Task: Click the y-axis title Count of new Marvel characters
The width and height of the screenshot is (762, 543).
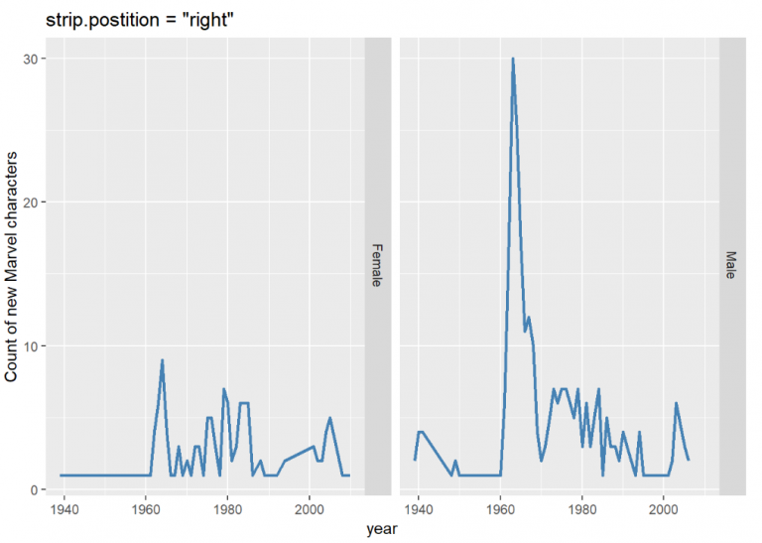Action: pos(13,266)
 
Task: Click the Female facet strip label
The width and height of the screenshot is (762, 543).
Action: pos(377,266)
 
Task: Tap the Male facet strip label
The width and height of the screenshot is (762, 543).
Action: pos(731,266)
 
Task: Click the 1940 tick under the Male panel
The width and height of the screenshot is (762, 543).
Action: pos(419,508)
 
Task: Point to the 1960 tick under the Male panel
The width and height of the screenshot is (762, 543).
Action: pos(500,508)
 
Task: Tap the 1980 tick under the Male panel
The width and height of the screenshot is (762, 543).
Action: pos(581,508)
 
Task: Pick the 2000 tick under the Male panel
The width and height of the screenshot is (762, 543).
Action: pos(663,508)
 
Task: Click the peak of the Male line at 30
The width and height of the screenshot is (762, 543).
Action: pos(513,59)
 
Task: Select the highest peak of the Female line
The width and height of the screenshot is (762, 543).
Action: pos(162,360)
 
